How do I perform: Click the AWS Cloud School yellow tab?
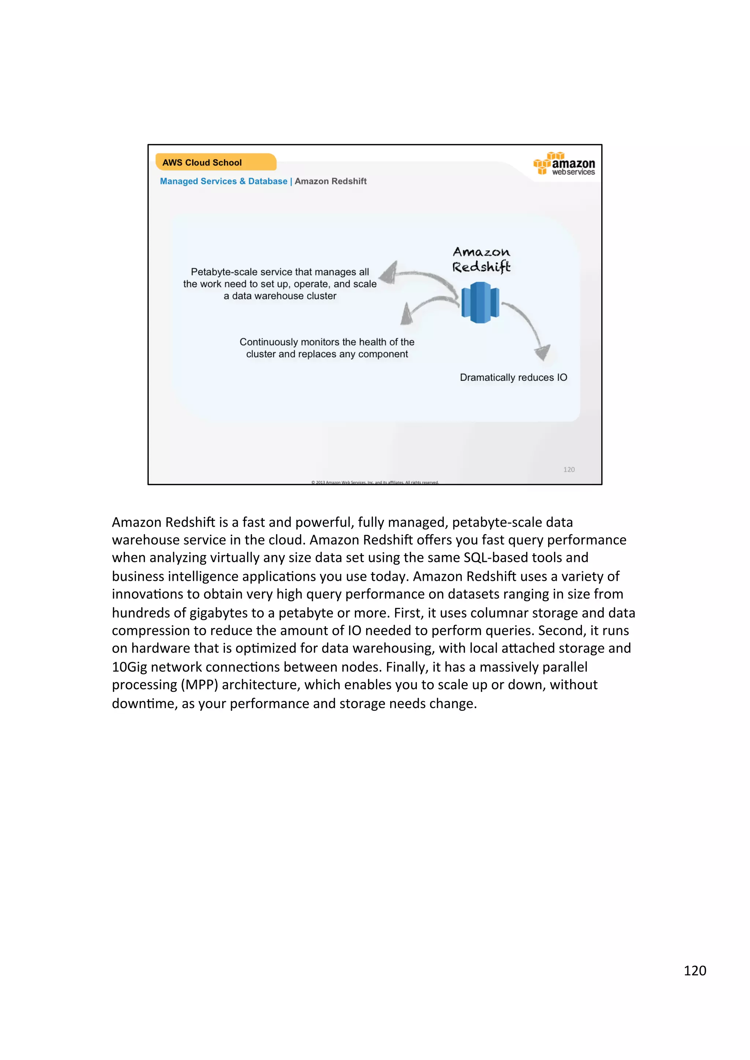(x=215, y=162)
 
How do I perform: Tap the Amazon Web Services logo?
(x=564, y=164)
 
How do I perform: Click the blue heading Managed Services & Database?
(x=223, y=181)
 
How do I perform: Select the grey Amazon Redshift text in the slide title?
(x=330, y=181)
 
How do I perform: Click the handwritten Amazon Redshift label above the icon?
(x=481, y=259)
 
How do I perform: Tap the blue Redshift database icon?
(x=480, y=303)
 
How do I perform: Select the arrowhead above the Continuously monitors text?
(x=406, y=315)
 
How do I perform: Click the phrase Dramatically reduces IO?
(x=513, y=377)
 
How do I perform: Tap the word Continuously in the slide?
(x=268, y=342)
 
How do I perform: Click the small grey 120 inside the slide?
(x=568, y=470)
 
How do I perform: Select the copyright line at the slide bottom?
(x=374, y=482)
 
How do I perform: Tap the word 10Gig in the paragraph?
(x=129, y=667)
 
